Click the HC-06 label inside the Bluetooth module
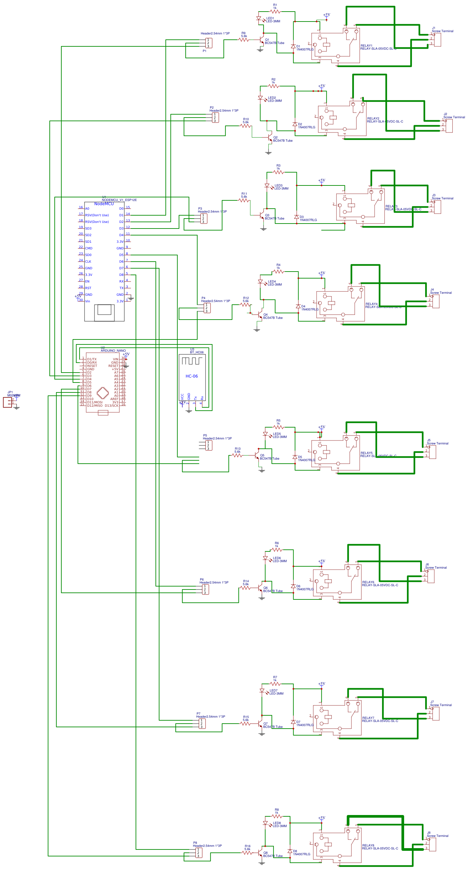pyautogui.click(x=191, y=376)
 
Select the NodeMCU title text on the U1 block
pyautogui.click(x=104, y=204)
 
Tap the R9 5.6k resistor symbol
pyautogui.click(x=244, y=40)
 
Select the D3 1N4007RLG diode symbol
pyautogui.click(x=296, y=217)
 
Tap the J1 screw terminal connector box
pyautogui.click(x=437, y=39)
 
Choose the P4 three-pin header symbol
pyautogui.click(x=207, y=308)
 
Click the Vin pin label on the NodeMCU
pyautogui.click(x=88, y=301)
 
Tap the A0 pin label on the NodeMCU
pyautogui.click(x=87, y=208)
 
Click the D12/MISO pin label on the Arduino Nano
pyautogui.click(x=94, y=405)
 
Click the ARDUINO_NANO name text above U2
pyautogui.click(x=113, y=351)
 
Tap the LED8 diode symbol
pyautogui.click(x=265, y=823)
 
